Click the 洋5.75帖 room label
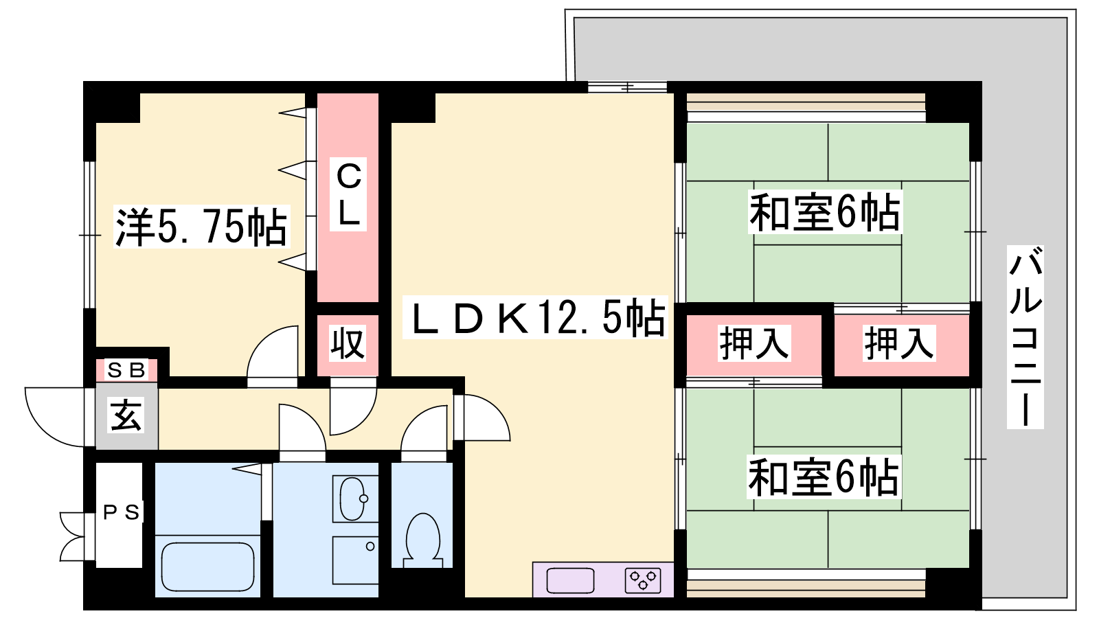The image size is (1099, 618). tap(202, 227)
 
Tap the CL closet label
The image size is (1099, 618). tap(348, 194)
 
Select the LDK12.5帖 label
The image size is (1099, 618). tap(535, 317)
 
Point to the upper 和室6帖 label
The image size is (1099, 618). tap(825, 212)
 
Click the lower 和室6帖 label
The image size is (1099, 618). tap(824, 476)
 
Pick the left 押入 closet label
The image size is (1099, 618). tap(754, 343)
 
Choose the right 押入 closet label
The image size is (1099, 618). tap(899, 343)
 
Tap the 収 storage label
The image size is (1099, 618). tap(348, 343)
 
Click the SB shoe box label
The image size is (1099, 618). tap(126, 370)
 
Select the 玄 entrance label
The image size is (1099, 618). tap(126, 415)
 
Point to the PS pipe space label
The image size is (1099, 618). tap(121, 512)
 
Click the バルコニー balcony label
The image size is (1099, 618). tap(1026, 337)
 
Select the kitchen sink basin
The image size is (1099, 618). tap(570, 580)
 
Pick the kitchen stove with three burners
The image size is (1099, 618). tap(643, 580)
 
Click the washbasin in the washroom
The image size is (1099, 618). tap(353, 499)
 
